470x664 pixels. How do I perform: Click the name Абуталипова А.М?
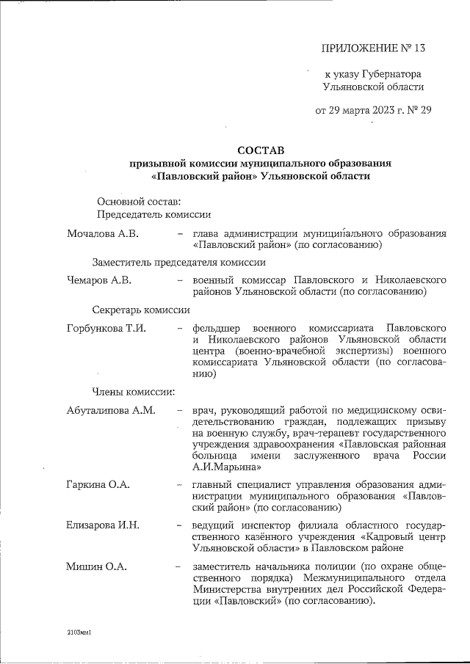(111, 409)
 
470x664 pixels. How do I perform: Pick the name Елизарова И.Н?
(103, 525)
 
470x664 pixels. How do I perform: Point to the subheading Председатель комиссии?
(154, 214)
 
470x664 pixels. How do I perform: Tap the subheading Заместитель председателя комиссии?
(178, 262)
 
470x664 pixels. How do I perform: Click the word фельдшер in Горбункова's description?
(216, 327)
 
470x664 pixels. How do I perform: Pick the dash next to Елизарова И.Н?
(179, 526)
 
